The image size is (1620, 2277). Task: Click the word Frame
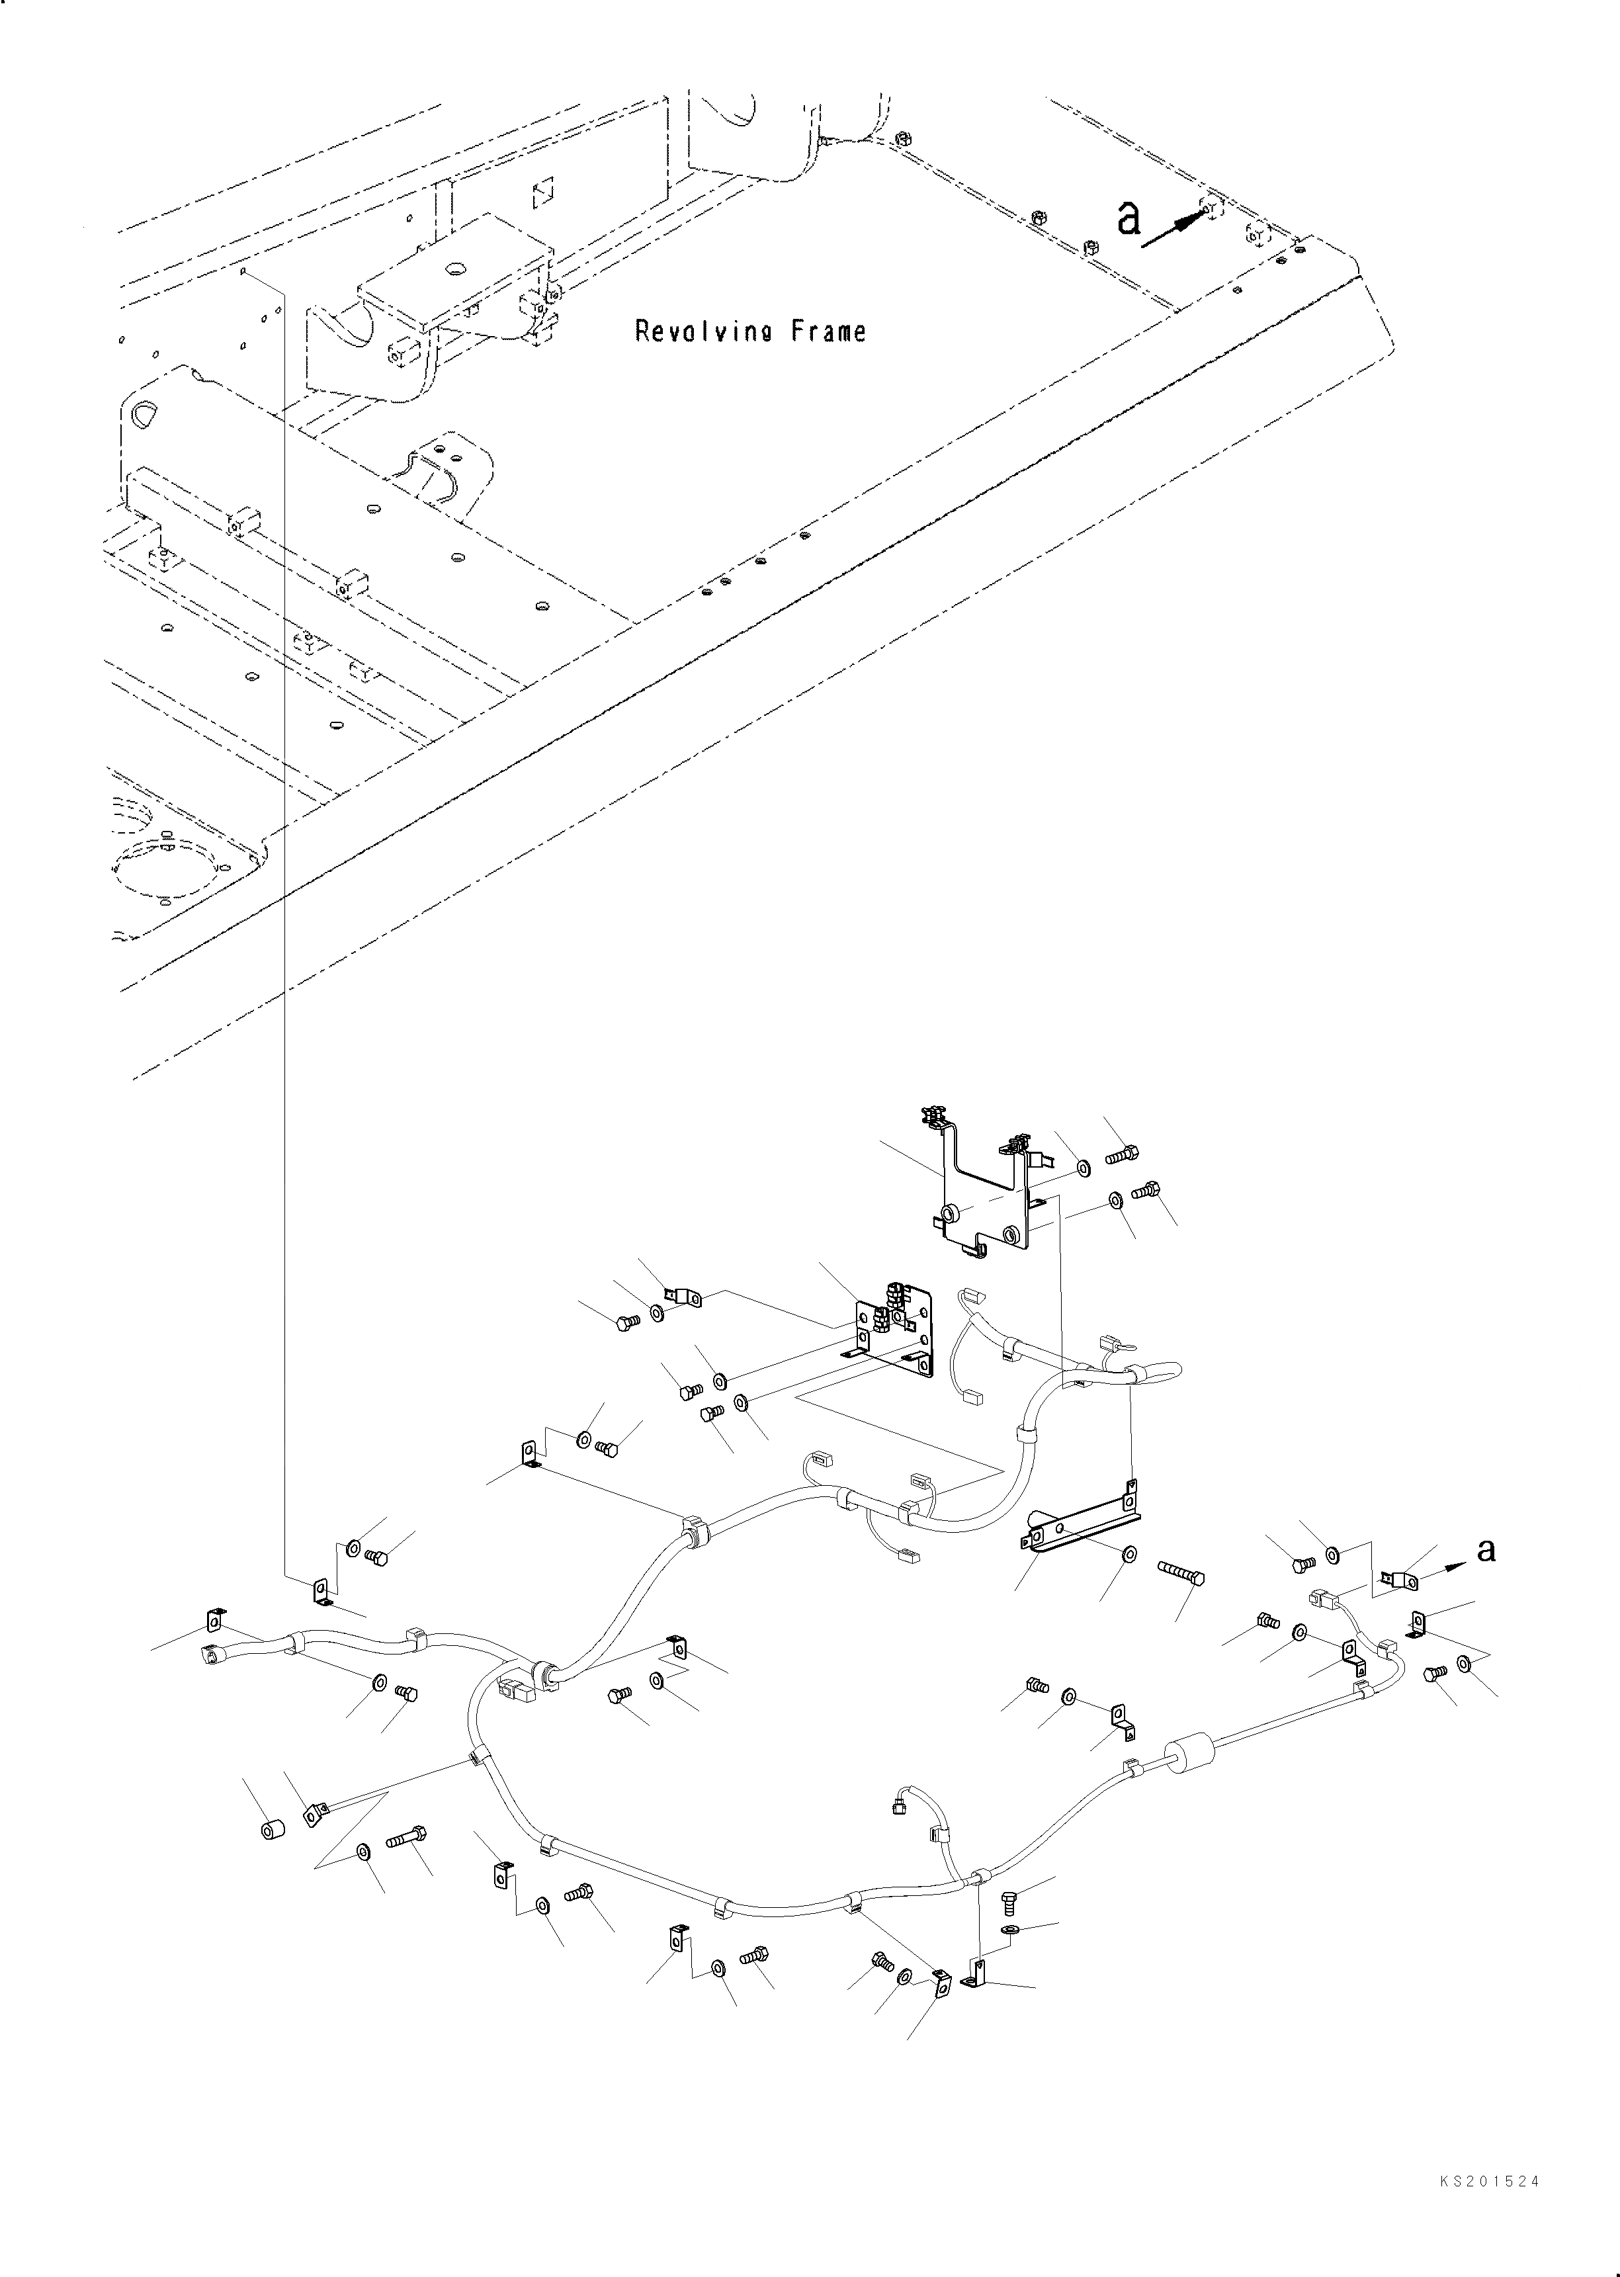[829, 331]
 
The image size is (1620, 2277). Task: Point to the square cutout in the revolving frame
[542, 193]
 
